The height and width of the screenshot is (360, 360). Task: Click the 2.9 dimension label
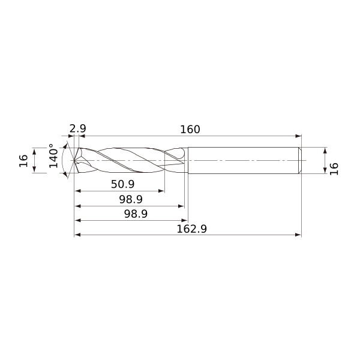coord(77,128)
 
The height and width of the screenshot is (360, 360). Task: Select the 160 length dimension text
coord(190,130)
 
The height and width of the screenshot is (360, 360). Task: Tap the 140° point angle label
coord(54,156)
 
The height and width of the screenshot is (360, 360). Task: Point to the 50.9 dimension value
coord(122,184)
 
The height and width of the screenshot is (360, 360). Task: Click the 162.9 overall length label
coord(192,229)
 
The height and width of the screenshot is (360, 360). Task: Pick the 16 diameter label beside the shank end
coord(334,169)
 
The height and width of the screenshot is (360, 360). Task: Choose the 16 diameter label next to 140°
coord(23,161)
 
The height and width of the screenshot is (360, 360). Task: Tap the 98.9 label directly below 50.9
coord(131,199)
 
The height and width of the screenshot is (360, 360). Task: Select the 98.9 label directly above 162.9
coord(136,214)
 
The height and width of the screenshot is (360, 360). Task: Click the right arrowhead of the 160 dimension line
coord(298,136)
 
